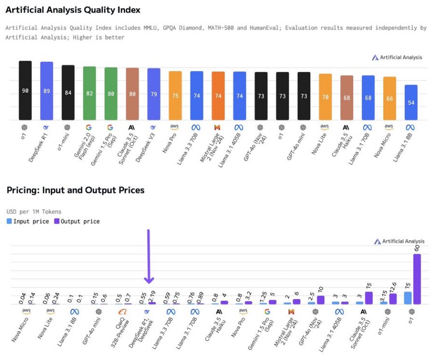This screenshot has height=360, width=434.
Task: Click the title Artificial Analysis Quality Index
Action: (73, 10)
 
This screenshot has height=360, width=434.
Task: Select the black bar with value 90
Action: (25, 90)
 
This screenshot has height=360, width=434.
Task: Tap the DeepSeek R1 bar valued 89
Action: (47, 91)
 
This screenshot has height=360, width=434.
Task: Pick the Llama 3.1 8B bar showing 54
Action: (411, 102)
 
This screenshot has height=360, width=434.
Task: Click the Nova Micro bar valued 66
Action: (390, 98)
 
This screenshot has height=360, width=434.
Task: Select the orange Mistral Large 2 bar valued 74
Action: (218, 96)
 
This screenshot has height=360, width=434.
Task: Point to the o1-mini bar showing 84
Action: (68, 92)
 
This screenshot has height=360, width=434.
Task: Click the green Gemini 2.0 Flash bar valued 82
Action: (89, 93)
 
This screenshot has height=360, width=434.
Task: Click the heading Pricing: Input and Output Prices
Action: (75, 190)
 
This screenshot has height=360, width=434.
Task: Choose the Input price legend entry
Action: (28, 221)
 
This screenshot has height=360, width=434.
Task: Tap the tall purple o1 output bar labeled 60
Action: (417, 279)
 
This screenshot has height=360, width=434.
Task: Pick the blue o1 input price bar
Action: (408, 298)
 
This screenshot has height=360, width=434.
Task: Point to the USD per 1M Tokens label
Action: (34, 212)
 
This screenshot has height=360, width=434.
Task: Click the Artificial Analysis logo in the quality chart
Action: (397, 58)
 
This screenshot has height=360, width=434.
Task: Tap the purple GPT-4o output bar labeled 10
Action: (321, 300)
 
